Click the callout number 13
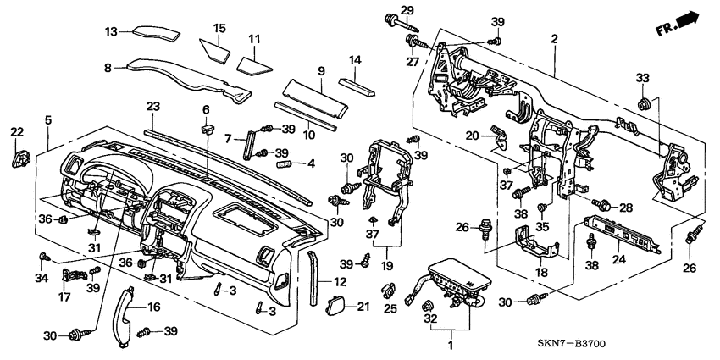(x=110, y=31)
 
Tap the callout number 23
(x=152, y=107)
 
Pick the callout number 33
(x=641, y=78)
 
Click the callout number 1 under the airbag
(x=451, y=346)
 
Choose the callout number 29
(x=407, y=9)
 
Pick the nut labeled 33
(x=642, y=105)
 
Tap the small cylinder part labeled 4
(x=284, y=161)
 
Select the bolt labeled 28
(x=605, y=204)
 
